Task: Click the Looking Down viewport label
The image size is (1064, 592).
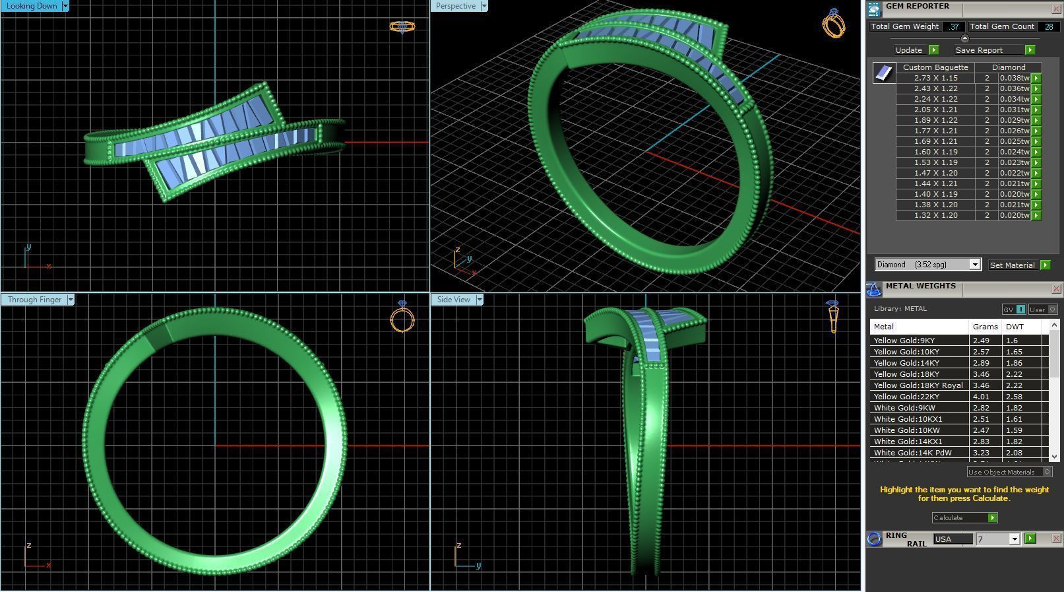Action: pyautogui.click(x=32, y=6)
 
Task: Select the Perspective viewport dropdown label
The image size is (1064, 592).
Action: pyautogui.click(x=455, y=6)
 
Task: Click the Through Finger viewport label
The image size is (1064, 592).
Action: pyautogui.click(x=34, y=300)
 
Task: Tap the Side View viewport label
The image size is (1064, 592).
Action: pyautogui.click(x=453, y=300)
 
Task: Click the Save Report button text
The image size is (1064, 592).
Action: pyautogui.click(x=978, y=50)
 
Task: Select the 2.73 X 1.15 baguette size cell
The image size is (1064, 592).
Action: pyautogui.click(x=935, y=78)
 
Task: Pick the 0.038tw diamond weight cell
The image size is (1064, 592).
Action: pyautogui.click(x=1014, y=78)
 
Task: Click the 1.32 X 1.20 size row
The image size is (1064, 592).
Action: pyautogui.click(x=935, y=215)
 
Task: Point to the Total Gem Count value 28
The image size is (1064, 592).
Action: pyautogui.click(x=1048, y=26)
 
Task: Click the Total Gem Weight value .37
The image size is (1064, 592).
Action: pyautogui.click(x=953, y=26)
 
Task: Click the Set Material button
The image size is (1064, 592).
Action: pyautogui.click(x=1012, y=265)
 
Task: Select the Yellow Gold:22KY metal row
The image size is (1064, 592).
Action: pyautogui.click(x=906, y=397)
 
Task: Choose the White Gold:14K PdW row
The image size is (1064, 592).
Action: pyautogui.click(x=912, y=453)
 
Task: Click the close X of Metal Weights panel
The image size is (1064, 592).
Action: pyautogui.click(x=1056, y=288)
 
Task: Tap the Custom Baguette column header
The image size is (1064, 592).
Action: pyautogui.click(x=935, y=67)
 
